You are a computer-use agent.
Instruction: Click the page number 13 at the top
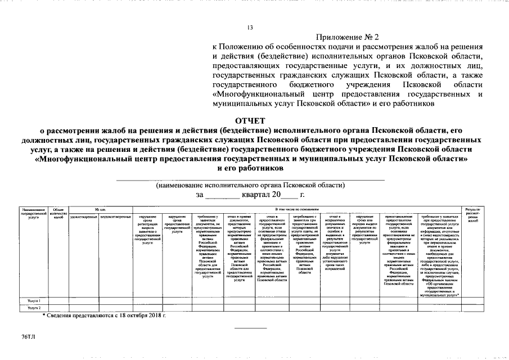[250, 28]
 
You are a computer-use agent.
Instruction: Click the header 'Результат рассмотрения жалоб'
[474, 215]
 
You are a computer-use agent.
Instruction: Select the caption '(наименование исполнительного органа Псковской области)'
[250, 185]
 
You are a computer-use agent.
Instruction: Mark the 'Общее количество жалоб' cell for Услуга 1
[58, 301]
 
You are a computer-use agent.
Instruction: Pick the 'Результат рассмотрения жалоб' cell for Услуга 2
[474, 308]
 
